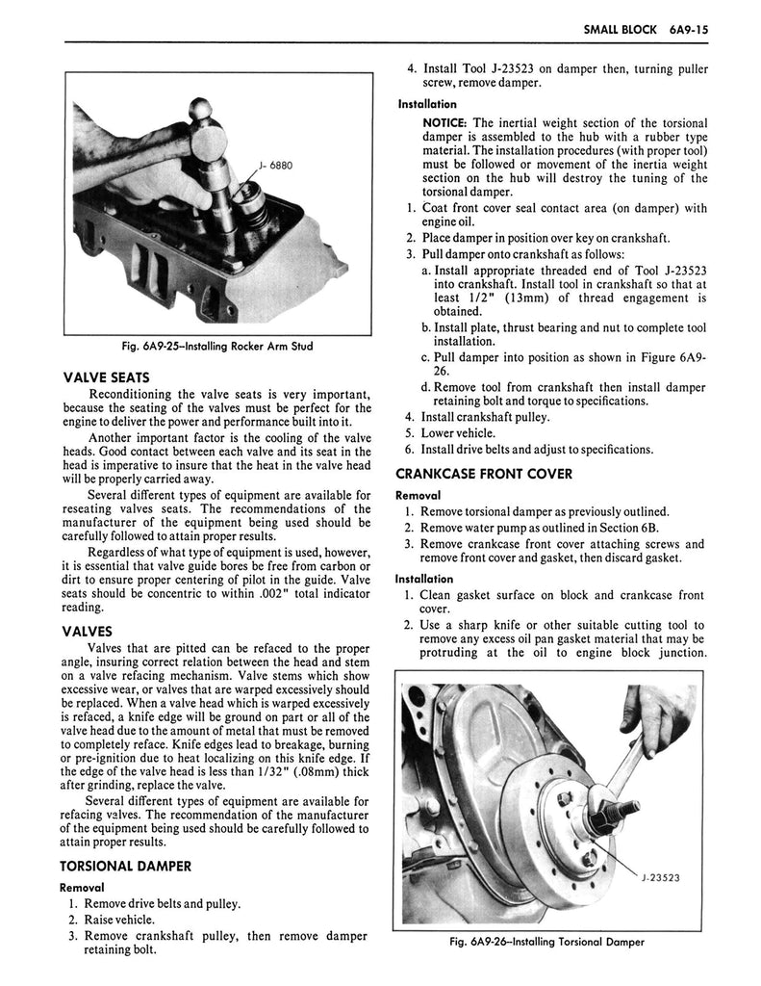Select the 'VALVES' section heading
coord(89,632)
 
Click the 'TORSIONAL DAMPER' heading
coord(126,865)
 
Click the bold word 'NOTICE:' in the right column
coord(444,122)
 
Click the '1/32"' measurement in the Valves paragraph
coord(259,770)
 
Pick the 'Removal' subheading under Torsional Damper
coord(81,886)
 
